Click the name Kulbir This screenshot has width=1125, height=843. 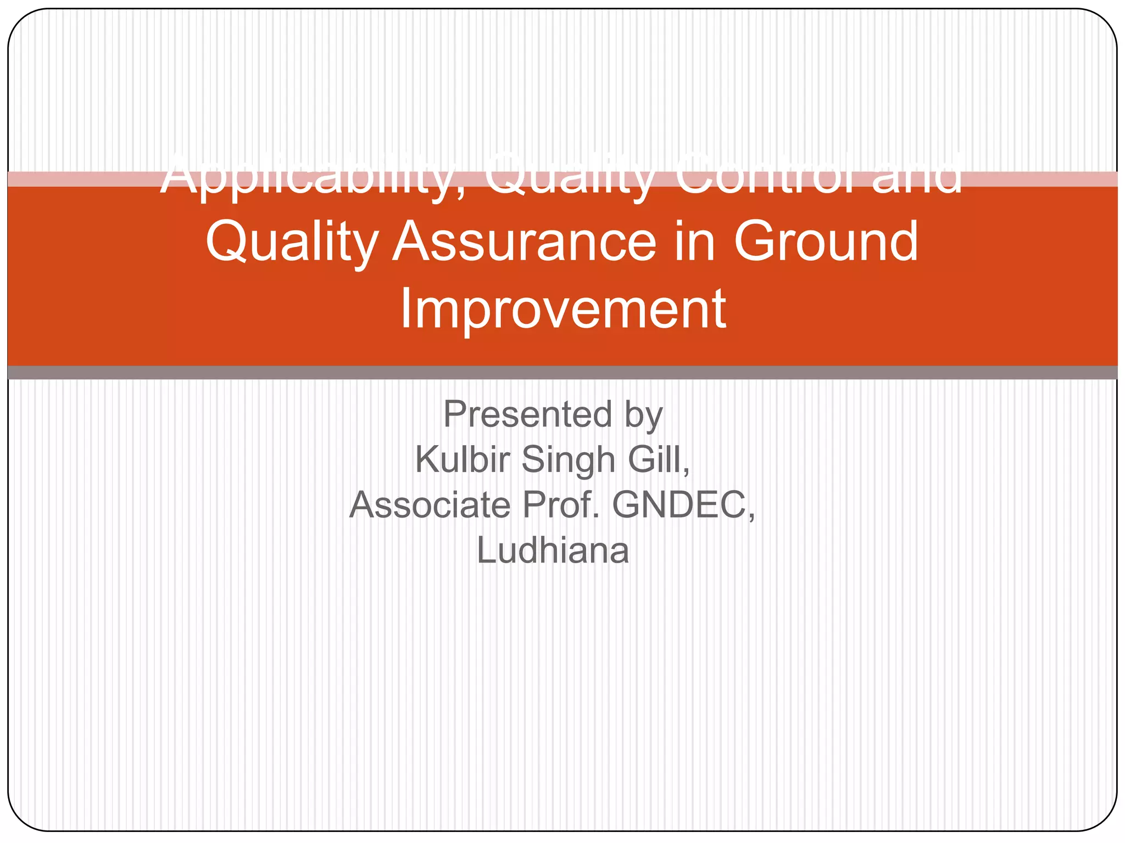pos(461,459)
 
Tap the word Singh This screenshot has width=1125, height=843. pos(568,460)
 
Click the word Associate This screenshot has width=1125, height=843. pos(430,505)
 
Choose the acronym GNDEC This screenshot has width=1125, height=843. pos(678,505)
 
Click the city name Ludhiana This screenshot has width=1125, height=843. pos(553,550)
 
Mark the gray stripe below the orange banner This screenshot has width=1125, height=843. pos(562,373)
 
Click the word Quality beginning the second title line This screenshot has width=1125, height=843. pos(292,243)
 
